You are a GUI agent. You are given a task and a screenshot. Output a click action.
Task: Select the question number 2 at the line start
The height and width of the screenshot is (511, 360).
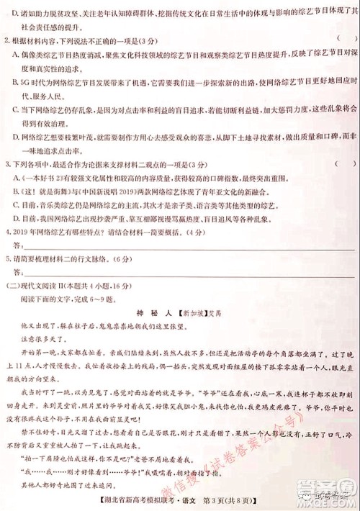(x=7, y=37)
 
